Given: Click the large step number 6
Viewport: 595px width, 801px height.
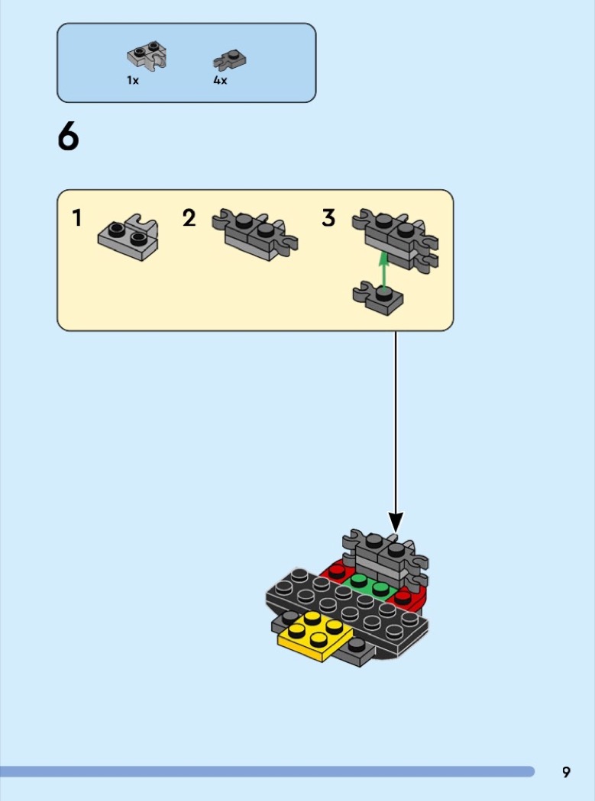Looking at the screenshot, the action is point(68,137).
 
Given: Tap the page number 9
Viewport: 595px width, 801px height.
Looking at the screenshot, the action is point(566,772).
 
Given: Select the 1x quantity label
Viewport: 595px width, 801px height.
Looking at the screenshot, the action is point(132,80).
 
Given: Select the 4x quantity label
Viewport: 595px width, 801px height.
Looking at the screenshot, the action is point(220,80).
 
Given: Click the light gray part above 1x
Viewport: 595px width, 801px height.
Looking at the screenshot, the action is point(147,57).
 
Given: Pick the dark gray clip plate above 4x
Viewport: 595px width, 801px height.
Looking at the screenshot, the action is point(229,60).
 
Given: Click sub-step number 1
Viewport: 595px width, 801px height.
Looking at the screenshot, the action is point(76,218).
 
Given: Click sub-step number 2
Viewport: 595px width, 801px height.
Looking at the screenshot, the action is point(189,218).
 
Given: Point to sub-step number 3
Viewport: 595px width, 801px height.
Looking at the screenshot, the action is point(328,218).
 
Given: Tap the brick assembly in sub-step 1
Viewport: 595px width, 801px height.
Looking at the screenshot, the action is point(128,237).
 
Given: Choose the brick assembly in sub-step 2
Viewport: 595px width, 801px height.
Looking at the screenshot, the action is point(255,234).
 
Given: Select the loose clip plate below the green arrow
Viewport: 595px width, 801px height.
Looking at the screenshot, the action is point(377,298).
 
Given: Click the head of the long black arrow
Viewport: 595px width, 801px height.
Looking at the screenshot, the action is point(396,522).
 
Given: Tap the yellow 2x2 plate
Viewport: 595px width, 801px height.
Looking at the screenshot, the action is point(315,635).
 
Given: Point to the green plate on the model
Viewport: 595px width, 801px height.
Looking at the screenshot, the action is point(368,586).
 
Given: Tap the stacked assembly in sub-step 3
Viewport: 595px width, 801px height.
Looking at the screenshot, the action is point(395,239).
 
